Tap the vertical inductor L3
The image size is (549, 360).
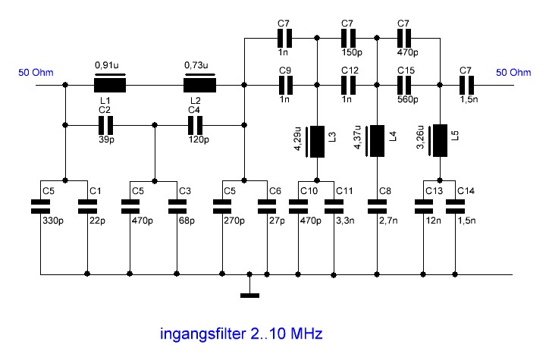[x=315, y=142]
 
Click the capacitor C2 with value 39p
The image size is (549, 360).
[x=105, y=125]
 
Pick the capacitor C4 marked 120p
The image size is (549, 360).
[x=195, y=125]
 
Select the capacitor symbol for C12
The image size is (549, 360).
[x=348, y=85]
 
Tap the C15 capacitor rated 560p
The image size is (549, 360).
[x=404, y=85]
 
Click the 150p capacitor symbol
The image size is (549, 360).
[x=348, y=38]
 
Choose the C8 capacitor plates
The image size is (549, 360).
[x=377, y=207]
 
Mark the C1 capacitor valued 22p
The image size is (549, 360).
[x=87, y=207]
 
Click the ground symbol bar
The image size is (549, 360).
[x=249, y=296]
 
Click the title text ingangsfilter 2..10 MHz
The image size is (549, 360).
[x=241, y=333]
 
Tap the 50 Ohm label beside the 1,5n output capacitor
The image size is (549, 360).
[x=513, y=73]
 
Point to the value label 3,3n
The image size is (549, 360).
[x=346, y=221]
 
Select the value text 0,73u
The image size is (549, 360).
[x=196, y=65]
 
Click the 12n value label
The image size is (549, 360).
[x=434, y=221]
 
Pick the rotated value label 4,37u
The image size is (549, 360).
[x=358, y=136]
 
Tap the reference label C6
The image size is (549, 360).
[x=275, y=191]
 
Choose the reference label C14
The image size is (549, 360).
[x=466, y=191]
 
